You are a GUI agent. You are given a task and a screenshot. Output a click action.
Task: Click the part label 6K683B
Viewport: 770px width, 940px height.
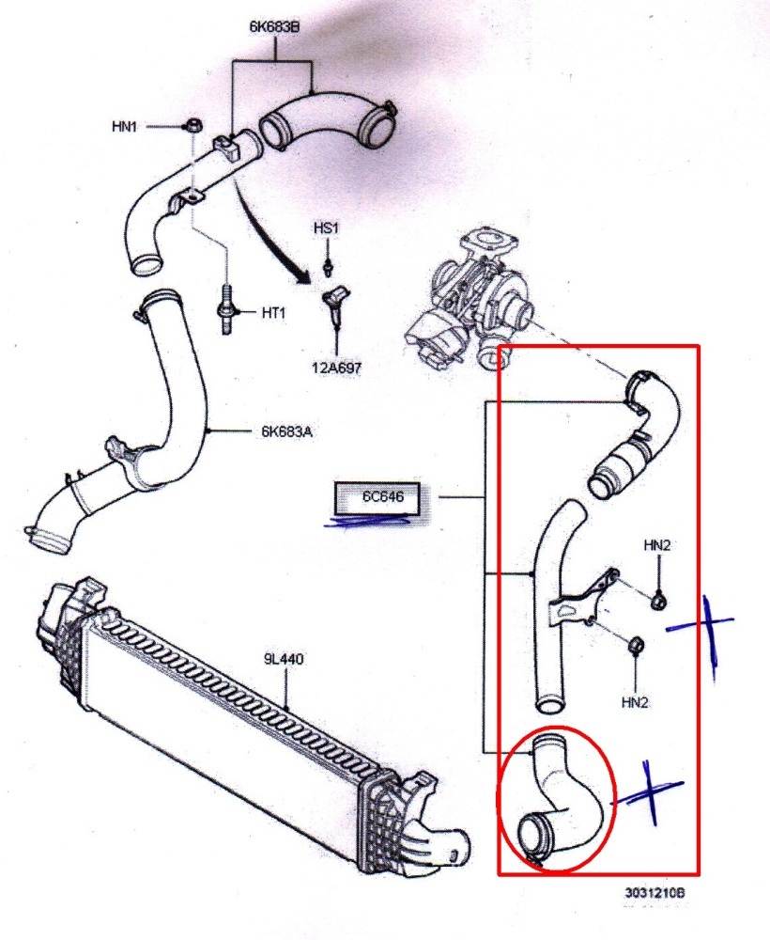pos(273,26)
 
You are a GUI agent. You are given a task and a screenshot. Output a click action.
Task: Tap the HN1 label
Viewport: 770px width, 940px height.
pos(124,125)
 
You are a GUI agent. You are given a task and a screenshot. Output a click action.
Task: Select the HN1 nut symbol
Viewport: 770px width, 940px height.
pos(192,126)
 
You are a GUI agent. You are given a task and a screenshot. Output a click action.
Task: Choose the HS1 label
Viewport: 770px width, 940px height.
pos(326,229)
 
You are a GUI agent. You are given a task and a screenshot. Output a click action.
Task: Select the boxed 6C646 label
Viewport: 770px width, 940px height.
pos(383,496)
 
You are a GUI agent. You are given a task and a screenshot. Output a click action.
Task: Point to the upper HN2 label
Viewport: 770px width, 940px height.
pos(656,544)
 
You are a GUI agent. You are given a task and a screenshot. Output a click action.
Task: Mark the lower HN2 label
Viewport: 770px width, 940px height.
pos(636,700)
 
